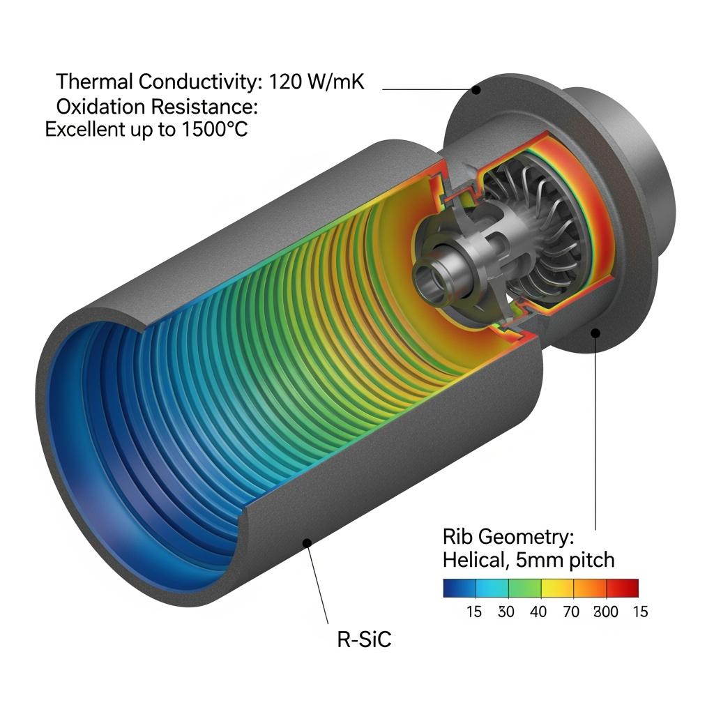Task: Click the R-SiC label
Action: pos(364,639)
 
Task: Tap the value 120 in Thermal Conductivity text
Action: pos(285,82)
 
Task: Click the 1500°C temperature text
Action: pos(215,129)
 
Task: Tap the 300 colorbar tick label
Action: pos(606,612)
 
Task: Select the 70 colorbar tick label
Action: pos(571,612)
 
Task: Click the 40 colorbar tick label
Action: pos(538,612)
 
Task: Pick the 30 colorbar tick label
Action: pos(506,612)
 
